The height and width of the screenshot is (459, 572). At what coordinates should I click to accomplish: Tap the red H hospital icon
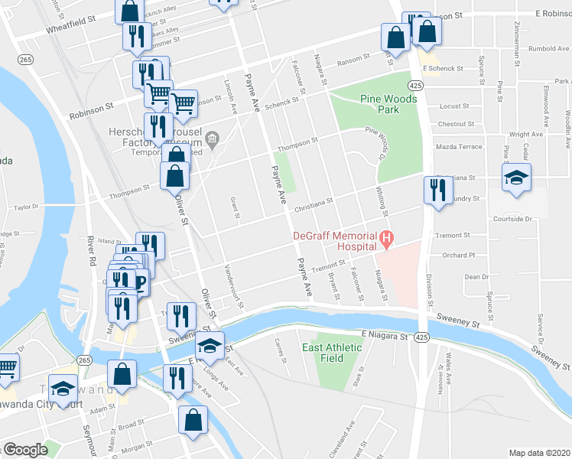(387, 240)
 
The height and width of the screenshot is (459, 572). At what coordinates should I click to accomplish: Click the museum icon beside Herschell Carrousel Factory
(212, 138)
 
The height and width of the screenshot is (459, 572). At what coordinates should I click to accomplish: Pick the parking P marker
(141, 283)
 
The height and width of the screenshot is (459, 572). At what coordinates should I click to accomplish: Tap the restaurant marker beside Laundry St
(437, 190)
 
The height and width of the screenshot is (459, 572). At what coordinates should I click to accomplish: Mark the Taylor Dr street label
(25, 207)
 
